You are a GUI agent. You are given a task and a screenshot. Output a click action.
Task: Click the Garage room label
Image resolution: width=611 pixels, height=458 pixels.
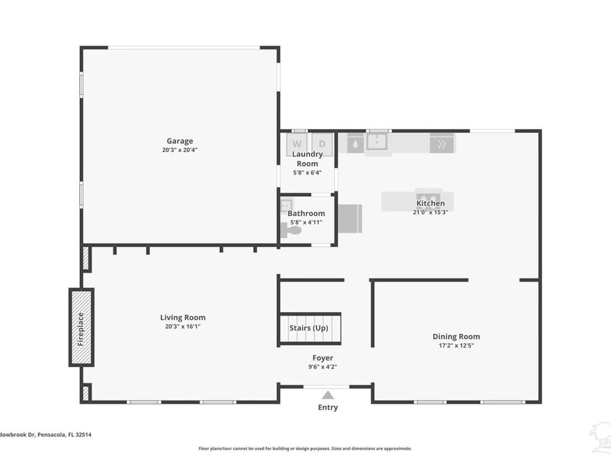[x=180, y=141]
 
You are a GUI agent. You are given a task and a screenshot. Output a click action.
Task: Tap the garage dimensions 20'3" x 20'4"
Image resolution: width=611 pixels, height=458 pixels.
[x=180, y=150]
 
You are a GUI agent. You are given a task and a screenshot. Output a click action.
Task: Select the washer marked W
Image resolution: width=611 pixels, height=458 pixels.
[x=297, y=144]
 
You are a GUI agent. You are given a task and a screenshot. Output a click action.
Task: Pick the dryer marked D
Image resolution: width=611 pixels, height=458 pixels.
[x=322, y=144]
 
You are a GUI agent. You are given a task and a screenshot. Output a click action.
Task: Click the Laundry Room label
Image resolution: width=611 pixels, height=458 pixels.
[x=308, y=159]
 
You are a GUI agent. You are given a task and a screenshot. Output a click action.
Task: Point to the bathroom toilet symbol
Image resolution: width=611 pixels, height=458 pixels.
[x=291, y=231]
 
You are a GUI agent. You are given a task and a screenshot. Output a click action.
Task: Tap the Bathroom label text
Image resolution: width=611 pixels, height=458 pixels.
[x=306, y=214]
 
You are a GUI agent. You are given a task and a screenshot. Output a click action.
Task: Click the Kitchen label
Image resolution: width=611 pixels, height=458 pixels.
[x=430, y=204]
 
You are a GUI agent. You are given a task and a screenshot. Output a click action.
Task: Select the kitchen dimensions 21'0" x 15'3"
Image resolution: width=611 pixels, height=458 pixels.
[x=430, y=212]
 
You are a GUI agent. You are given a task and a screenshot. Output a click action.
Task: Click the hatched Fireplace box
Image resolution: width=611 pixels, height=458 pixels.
[x=81, y=328]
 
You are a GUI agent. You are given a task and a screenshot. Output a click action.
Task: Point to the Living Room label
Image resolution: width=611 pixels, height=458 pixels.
[x=183, y=318]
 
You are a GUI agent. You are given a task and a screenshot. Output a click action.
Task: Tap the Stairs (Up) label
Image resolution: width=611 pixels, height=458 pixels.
[x=309, y=328]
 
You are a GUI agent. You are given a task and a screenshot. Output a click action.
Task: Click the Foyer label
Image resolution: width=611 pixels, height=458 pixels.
[x=322, y=358]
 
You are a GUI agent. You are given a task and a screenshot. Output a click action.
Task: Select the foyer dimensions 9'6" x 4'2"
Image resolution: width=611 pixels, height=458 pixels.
[x=322, y=367]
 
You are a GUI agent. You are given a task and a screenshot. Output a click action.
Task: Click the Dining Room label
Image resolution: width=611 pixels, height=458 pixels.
[x=456, y=337]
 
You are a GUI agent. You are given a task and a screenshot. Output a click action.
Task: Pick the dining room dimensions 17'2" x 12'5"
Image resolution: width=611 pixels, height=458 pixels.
[x=456, y=345]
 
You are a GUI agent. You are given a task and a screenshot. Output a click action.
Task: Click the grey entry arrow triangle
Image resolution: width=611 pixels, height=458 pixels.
[x=328, y=395]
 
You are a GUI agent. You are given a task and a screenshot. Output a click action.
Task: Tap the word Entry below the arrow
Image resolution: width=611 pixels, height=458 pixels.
[x=328, y=407]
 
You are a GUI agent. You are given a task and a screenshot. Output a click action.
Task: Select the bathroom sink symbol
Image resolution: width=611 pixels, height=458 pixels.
[x=286, y=205]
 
